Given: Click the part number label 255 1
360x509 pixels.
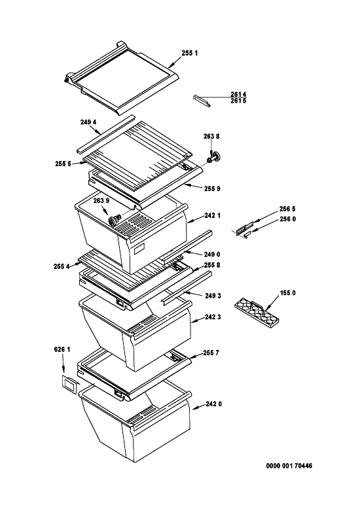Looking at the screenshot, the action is pos(189,53).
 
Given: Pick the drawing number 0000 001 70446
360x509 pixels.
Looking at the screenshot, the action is pos(289,466).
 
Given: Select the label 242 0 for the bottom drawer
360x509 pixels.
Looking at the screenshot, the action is pos(214,404).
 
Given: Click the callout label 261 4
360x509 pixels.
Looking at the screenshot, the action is pos(238,94).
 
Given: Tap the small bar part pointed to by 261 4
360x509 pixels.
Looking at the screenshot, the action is pos(202,101).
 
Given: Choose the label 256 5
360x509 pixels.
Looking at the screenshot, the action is pos(287,209).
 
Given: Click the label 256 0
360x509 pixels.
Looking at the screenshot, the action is pos(287,219).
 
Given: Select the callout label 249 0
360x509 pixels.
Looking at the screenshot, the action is pos(213,254).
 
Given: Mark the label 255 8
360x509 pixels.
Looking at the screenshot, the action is pos(212,265).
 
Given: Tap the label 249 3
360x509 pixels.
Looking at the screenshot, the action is pos(213,296).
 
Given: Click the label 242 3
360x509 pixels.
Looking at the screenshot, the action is pos(213,317).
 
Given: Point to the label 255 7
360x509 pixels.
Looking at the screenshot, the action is pos(211,353).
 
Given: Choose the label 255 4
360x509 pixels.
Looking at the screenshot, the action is pos(62,266).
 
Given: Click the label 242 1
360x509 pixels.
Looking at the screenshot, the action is pos(213,215).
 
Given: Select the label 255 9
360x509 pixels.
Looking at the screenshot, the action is pos(213,188).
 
